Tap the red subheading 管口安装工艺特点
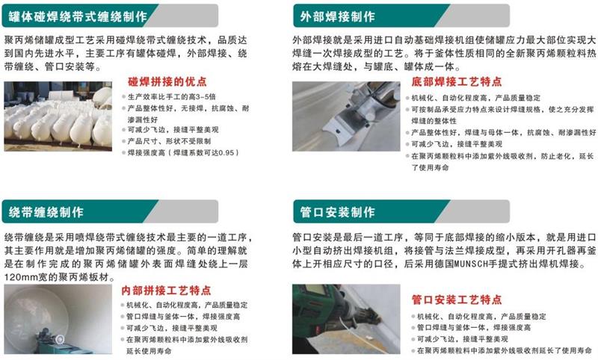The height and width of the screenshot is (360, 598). pos(456,300)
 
